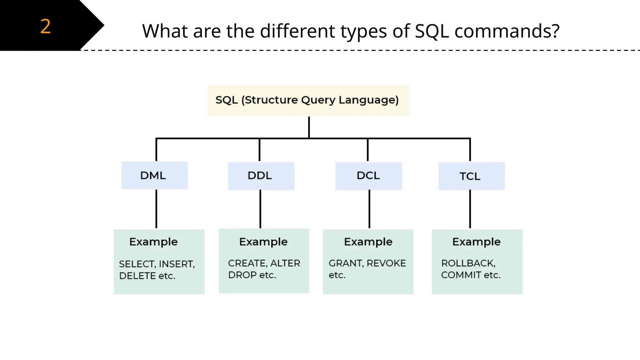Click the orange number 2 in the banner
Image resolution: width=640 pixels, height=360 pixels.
click(46, 26)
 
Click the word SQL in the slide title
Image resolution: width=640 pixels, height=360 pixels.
click(432, 31)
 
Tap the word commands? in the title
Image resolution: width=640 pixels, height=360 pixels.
click(507, 31)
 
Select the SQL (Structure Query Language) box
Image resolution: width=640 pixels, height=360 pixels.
click(308, 100)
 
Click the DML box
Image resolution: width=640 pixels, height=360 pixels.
click(154, 175)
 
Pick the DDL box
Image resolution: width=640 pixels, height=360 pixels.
click(261, 176)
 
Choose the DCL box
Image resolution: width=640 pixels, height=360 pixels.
click(368, 176)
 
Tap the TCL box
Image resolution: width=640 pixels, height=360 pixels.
click(471, 176)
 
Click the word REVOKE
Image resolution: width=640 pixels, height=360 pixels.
click(386, 263)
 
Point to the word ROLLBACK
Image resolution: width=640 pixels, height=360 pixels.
click(468, 263)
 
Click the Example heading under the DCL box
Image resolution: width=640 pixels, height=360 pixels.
click(368, 242)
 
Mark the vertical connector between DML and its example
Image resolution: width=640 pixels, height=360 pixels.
click(156, 209)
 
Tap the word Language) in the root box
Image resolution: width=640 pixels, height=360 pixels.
click(369, 100)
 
